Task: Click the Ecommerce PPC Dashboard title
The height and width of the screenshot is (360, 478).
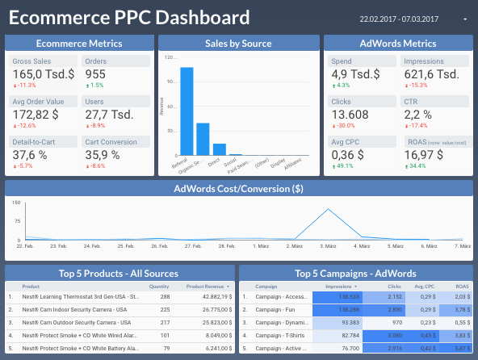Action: pyautogui.click(x=129, y=18)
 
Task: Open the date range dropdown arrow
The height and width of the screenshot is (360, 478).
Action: pyautogui.click(x=465, y=19)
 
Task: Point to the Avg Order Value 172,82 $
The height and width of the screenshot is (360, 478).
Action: pyautogui.click(x=38, y=115)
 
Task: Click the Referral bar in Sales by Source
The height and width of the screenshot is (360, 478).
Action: pyautogui.click(x=187, y=111)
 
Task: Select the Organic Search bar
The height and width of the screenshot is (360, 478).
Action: pyautogui.click(x=203, y=138)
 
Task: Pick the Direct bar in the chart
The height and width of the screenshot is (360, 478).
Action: pyautogui.click(x=219, y=149)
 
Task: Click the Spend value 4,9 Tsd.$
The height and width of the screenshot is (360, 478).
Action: pyautogui.click(x=355, y=74)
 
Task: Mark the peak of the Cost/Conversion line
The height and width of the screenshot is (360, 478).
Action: pyautogui.click(x=328, y=210)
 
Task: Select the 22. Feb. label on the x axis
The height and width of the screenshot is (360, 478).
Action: pyautogui.click(x=24, y=246)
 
